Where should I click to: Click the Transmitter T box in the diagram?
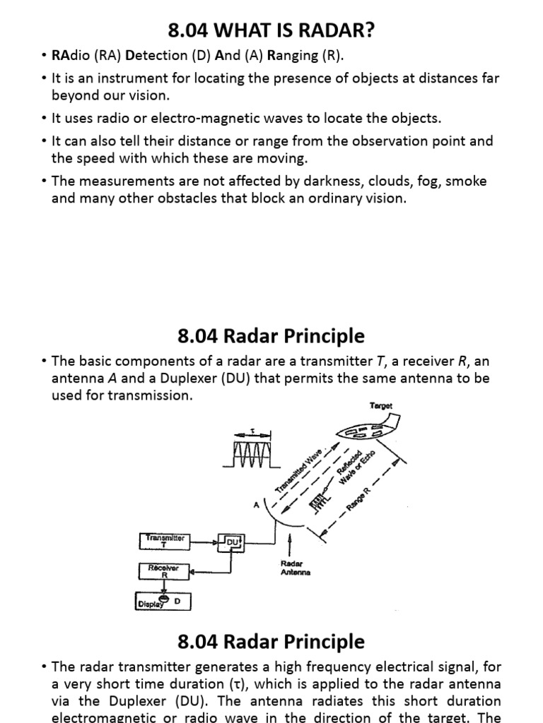pos(164,541)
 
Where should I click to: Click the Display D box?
pos(163,602)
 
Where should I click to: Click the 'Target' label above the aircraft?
pos(381,406)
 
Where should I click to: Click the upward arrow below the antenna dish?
pos(290,545)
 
